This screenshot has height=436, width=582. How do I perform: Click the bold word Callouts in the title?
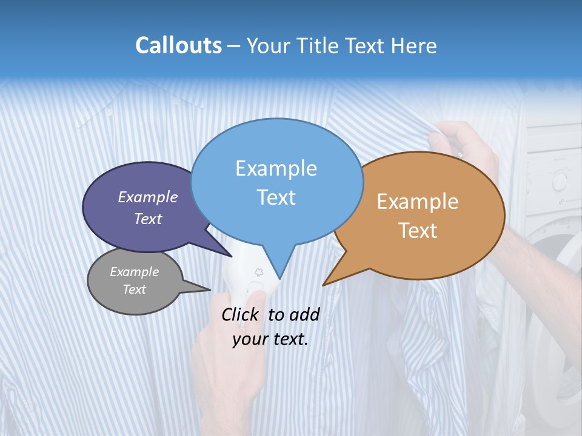pos(178,45)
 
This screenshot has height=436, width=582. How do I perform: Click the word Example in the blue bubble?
pos(276,168)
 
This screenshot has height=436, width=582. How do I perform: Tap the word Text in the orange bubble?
pos(418,231)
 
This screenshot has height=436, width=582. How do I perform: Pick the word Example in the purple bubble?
pos(148,197)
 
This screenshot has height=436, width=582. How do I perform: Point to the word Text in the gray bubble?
pos(135,289)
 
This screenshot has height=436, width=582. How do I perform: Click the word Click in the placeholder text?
pos(241,314)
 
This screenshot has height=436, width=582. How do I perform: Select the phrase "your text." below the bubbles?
pos(270,339)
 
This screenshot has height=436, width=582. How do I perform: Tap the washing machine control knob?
pos(560,180)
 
